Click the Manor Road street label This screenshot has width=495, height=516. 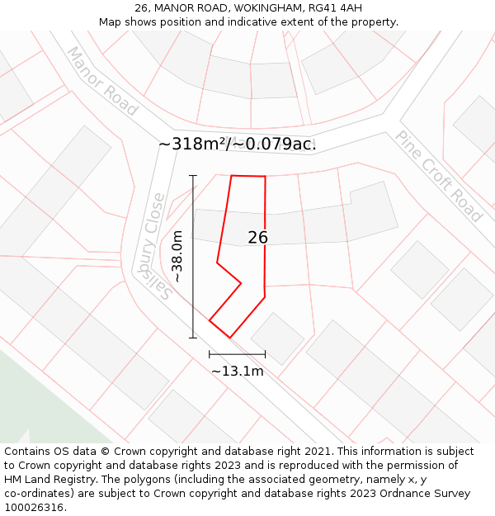coord(101,80)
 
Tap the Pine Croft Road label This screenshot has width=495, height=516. coord(438,176)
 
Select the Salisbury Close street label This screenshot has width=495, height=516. coord(156,245)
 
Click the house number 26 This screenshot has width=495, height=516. coord(257,238)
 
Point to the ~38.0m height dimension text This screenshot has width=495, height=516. coord(177,258)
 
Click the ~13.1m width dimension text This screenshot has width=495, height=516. coord(238,372)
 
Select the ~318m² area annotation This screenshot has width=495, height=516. coord(195,144)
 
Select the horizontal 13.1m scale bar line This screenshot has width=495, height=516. coord(238,354)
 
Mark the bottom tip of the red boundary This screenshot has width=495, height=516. coord(229,337)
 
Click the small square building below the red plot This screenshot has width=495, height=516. coord(277,338)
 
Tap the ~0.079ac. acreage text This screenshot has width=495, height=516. coord(276,144)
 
